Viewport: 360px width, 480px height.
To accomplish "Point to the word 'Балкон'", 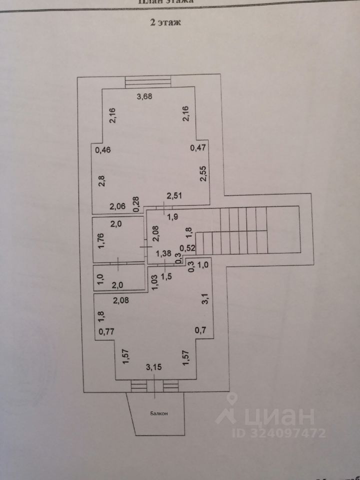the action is pyautogui.click(x=158, y=413).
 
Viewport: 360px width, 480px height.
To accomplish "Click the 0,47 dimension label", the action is pyautogui.click(x=198, y=147).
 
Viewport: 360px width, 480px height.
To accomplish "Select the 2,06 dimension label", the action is pyautogui.click(x=118, y=205).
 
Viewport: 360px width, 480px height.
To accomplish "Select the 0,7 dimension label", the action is pyautogui.click(x=200, y=330).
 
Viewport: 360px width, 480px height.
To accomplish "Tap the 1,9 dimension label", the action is pyautogui.click(x=172, y=216).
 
